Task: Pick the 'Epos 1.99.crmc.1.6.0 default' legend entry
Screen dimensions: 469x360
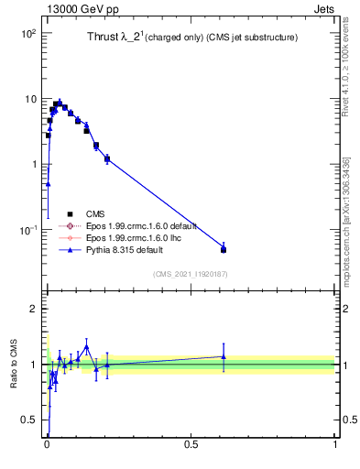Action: tap(146, 225)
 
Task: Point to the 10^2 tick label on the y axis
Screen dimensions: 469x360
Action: tap(27, 33)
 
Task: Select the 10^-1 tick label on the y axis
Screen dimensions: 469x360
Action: tap(27, 230)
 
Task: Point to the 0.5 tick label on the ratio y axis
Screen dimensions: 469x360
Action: tap(28, 420)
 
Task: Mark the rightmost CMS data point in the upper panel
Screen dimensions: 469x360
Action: tap(224, 249)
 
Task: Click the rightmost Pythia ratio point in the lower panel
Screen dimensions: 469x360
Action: tap(224, 356)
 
